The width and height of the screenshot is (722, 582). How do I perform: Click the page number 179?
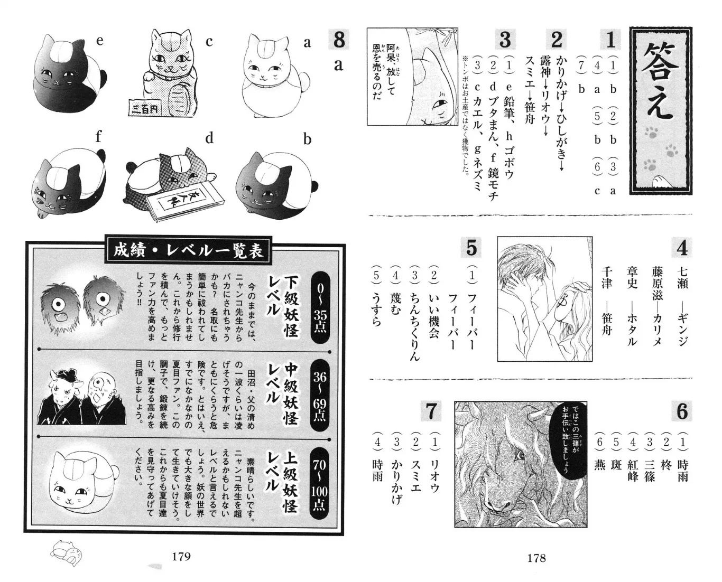coord(181,557)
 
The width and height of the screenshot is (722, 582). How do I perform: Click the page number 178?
coord(536,558)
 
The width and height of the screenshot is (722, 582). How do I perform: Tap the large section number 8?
coord(339,40)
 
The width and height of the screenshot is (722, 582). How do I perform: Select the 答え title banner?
coord(661,110)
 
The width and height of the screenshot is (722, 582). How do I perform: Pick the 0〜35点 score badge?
coord(320,307)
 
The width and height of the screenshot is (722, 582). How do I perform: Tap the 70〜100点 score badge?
coord(319,483)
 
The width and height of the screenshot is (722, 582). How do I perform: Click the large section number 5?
coord(471,248)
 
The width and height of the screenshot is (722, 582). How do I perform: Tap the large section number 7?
coord(431,411)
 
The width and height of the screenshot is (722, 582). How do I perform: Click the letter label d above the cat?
coord(209,137)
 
